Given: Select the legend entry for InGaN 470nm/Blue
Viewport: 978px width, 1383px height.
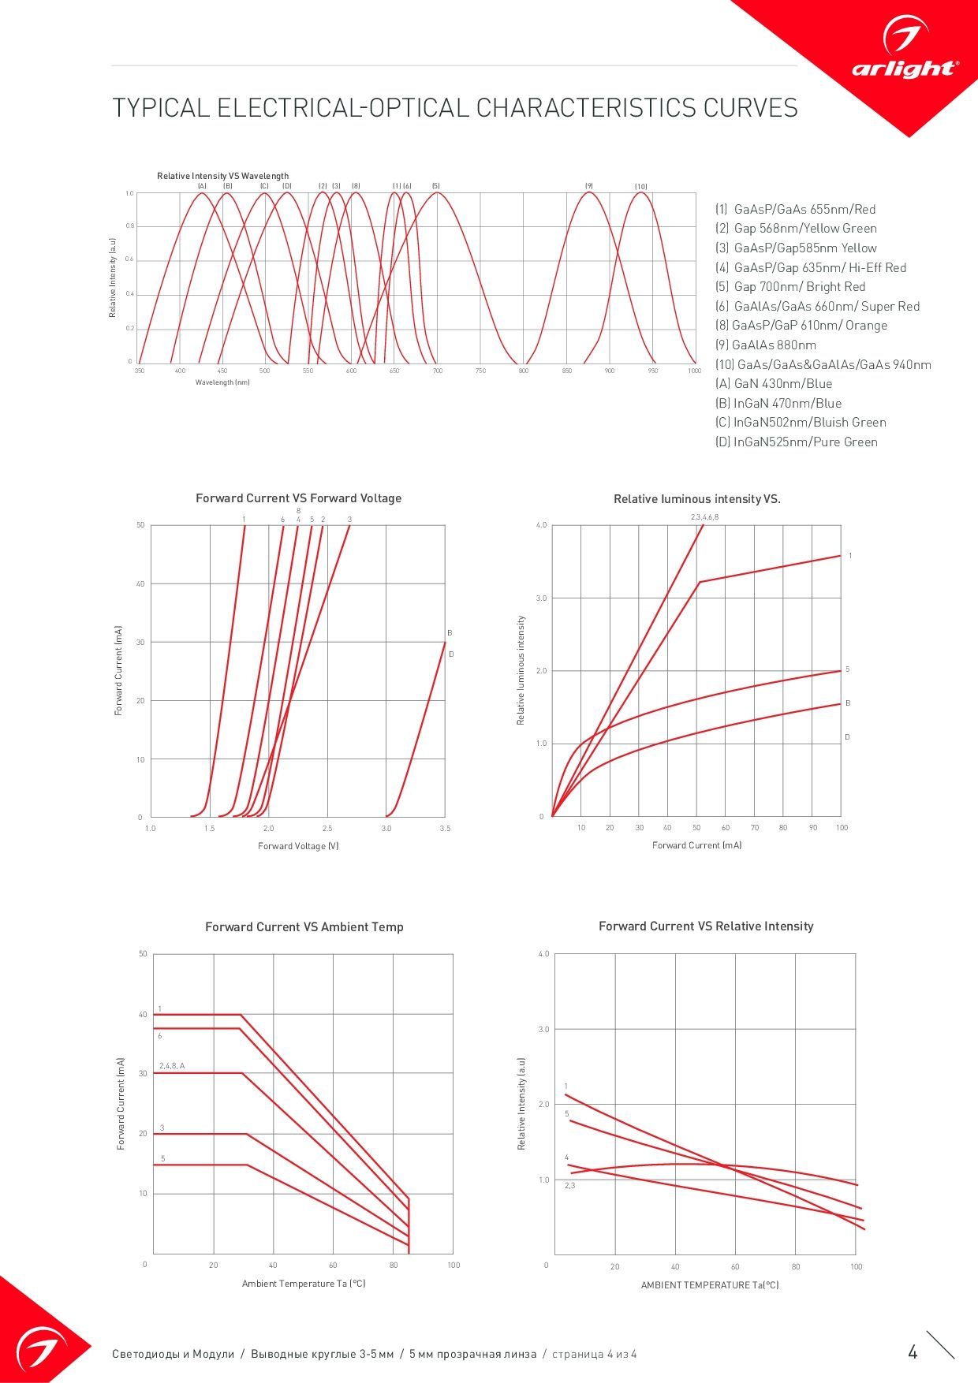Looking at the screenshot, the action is (778, 403).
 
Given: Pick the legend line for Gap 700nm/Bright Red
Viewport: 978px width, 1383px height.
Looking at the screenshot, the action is (790, 287).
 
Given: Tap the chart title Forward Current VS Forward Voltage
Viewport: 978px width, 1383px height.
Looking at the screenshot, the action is (298, 498).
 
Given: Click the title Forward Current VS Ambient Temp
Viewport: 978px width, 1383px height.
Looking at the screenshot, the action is (304, 927).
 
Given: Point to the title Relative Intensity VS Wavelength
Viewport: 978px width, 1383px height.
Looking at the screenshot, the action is (222, 176).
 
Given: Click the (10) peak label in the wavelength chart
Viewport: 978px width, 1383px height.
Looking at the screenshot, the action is (641, 187).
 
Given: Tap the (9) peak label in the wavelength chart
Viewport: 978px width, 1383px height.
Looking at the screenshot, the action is (588, 186).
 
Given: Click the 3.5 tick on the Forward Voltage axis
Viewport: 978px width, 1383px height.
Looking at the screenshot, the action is (445, 829).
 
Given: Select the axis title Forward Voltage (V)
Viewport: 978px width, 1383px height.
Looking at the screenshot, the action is (298, 846).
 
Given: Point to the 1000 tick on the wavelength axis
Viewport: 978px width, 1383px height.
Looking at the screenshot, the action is (694, 371).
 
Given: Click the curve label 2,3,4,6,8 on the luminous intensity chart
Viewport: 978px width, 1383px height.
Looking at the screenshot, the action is (704, 517).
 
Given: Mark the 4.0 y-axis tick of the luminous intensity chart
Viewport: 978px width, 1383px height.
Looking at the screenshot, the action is (541, 525).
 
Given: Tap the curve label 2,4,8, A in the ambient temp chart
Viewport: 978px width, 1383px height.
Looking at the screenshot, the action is (172, 1066).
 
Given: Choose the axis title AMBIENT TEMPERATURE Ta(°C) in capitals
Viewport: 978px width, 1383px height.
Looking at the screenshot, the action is (710, 1285).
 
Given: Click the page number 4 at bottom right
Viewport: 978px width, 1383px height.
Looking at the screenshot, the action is (913, 1352).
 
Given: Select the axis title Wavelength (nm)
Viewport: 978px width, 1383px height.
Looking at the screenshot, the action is (222, 382).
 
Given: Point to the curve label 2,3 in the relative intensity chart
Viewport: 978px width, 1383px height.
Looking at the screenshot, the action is (569, 1186).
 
